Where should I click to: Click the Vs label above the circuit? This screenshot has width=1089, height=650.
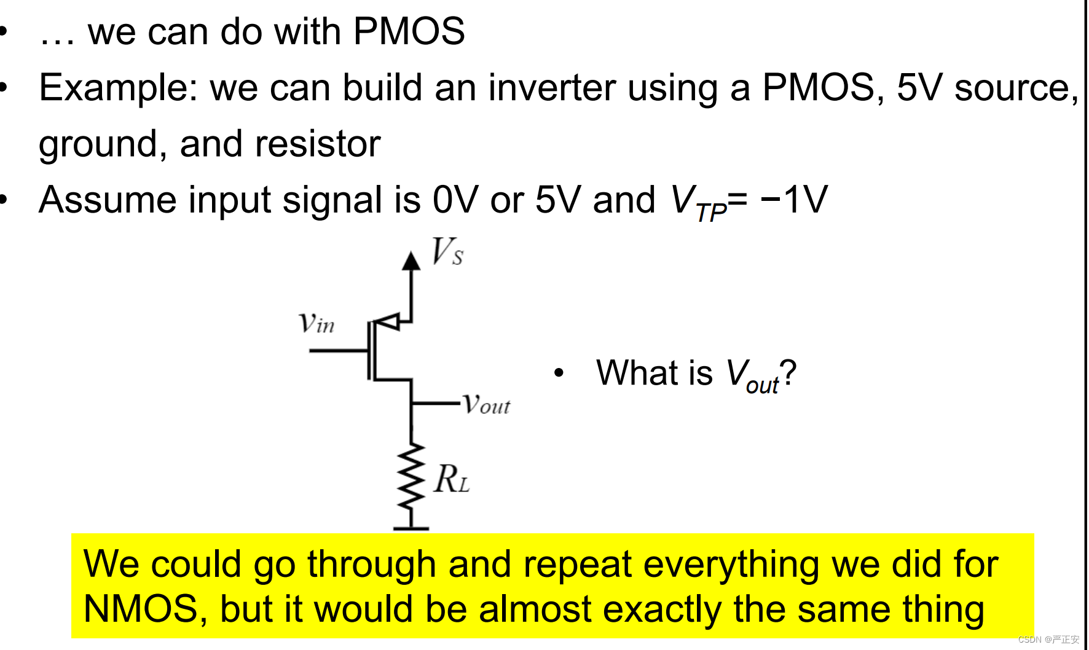coord(447,251)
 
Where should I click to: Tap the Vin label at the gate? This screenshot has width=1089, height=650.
coord(316,323)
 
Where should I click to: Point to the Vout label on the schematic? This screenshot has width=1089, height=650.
coord(486,404)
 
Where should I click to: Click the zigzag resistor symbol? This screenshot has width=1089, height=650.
coord(411,476)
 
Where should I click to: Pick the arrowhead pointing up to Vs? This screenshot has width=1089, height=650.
coord(411,260)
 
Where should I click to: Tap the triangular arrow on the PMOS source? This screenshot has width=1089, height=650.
coord(388,321)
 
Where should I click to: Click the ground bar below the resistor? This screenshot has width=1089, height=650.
coord(411,528)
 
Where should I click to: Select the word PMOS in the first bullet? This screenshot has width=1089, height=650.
coord(409,31)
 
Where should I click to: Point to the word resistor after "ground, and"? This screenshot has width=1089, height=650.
coord(318,144)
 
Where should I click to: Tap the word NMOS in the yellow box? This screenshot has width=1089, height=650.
coord(141,609)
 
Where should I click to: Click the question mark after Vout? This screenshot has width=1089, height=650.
coord(788,373)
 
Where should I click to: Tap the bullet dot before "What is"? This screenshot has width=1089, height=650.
coord(558,373)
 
